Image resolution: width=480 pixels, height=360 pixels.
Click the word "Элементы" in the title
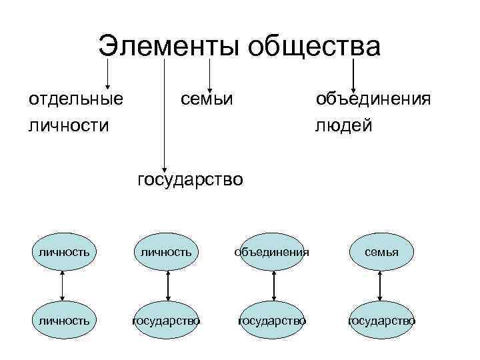pos(171,47)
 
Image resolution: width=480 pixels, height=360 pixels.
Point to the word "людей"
pos(344,125)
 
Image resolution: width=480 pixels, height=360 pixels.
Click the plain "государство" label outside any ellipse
pos(190,179)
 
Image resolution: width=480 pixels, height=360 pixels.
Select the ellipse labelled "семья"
pos(381,253)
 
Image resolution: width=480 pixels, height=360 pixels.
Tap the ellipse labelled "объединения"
pos(273,253)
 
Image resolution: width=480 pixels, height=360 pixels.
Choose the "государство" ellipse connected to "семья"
pos(381,321)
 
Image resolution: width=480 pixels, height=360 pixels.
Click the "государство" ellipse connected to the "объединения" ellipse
pos(273,321)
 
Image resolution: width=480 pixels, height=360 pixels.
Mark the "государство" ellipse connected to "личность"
pos(167,321)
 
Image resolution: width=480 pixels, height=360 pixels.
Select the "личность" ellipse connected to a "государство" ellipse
pos(167,253)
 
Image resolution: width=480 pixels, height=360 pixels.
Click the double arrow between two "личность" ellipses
pos(62,287)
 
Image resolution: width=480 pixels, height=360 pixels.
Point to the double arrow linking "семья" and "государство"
pos(380,287)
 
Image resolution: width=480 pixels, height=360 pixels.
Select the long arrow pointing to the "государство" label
pos(164,113)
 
